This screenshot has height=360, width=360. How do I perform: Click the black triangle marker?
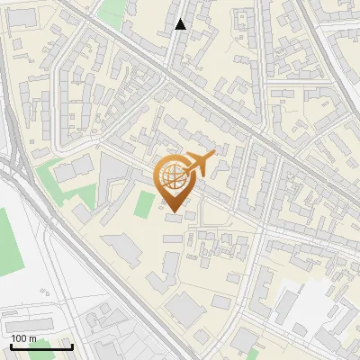coord(181,24)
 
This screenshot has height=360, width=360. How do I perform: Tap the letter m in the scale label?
coord(33,338)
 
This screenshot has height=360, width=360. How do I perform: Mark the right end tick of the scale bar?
coord(72,346)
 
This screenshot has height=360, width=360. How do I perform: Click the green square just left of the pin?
coord(144,204)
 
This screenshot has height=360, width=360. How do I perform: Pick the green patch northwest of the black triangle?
coord(112,13)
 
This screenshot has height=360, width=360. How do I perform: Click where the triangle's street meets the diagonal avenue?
coord(168,72)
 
